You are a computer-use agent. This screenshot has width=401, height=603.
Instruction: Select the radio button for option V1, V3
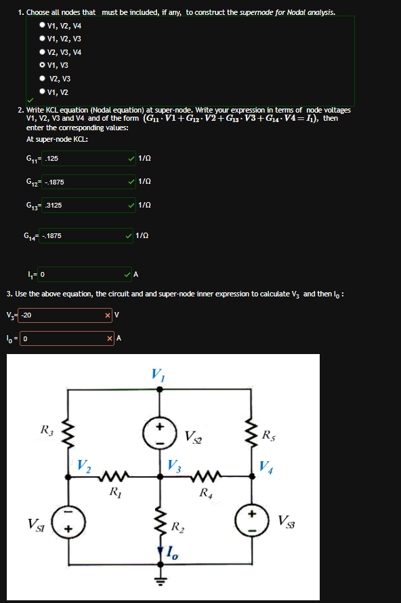pyautogui.click(x=43, y=65)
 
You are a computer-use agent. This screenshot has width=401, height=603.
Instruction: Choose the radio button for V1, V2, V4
pyautogui.click(x=43, y=25)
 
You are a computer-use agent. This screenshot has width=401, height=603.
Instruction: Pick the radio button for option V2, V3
pyautogui.click(x=43, y=79)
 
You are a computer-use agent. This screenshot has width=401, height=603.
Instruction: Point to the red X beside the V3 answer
pyautogui.click(x=108, y=315)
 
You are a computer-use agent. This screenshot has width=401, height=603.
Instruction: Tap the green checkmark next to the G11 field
pyautogui.click(x=131, y=158)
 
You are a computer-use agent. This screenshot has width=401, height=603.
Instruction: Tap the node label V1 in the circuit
pyautogui.click(x=158, y=374)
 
